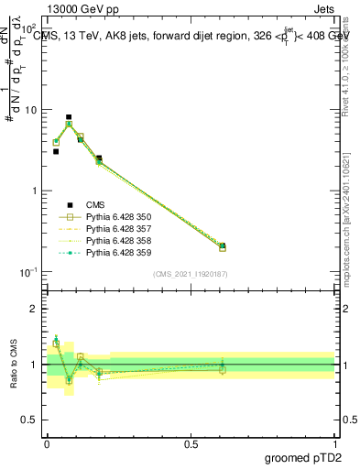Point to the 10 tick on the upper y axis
35,110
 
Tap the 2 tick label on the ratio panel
34,309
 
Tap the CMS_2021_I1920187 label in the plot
190,274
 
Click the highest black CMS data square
69,117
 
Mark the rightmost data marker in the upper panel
223,246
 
